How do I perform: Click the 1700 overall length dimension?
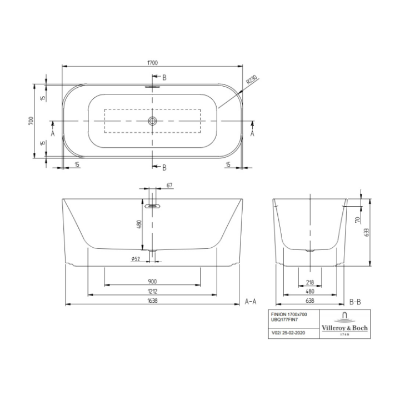tap(152, 63)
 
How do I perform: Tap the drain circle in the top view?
tap(152, 121)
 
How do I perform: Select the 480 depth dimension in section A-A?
tap(139, 224)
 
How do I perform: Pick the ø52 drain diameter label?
tap(135, 259)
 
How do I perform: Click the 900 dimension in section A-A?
tap(152, 281)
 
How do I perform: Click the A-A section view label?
tap(251, 302)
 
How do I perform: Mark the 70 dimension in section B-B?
tap(356, 219)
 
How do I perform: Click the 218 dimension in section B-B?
tap(310, 281)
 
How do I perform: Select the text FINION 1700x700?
tap(288, 315)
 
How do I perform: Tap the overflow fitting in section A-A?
tap(152, 206)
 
